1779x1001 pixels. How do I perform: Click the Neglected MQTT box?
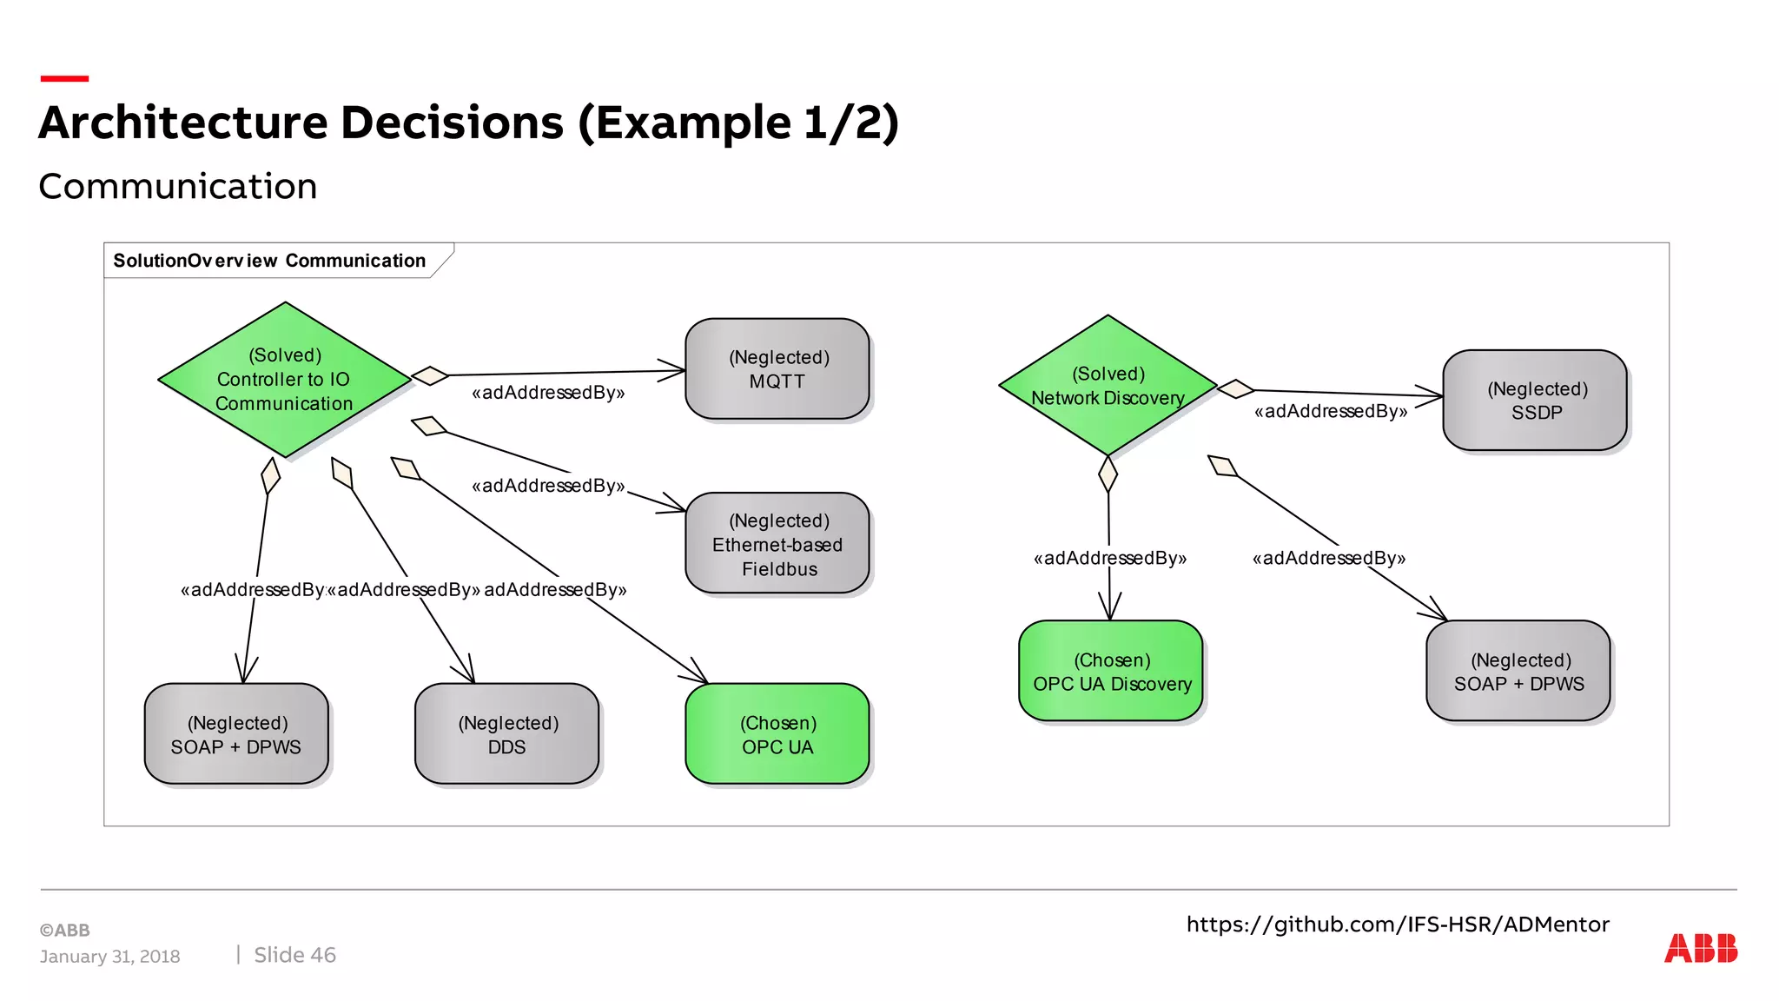(777, 369)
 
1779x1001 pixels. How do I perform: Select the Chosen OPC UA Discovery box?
(1111, 672)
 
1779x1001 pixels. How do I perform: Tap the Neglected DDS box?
(507, 734)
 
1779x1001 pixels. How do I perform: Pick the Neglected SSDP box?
(1535, 401)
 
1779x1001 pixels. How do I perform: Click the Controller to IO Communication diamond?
(284, 380)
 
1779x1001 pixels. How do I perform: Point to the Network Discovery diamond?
(1108, 386)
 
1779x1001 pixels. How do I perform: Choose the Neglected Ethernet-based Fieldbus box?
(777, 544)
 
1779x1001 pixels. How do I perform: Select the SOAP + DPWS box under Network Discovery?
(1518, 672)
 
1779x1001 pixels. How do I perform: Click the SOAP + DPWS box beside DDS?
(236, 734)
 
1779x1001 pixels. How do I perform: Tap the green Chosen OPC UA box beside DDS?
(777, 734)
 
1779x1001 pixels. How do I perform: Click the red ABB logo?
(1700, 948)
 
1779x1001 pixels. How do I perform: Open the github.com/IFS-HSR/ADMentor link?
(1398, 925)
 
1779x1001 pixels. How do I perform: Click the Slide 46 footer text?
(294, 955)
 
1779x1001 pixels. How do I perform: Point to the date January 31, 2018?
(109, 957)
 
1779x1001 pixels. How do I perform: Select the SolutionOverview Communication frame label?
(269, 261)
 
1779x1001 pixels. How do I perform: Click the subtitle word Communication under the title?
(178, 187)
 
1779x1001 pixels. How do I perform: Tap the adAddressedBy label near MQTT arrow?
(548, 393)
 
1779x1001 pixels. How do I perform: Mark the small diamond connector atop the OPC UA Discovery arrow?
(1108, 474)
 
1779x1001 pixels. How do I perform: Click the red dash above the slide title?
(64, 79)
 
